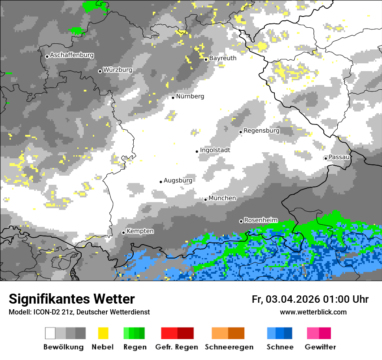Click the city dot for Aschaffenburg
click(47, 56)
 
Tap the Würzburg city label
click(118, 70)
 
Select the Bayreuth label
click(223, 58)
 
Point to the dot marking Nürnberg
click(173, 98)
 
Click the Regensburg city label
click(261, 130)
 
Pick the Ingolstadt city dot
click(197, 151)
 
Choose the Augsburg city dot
click(161, 182)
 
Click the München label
click(222, 198)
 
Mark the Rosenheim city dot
click(241, 221)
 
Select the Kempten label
click(140, 231)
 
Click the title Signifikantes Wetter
click(72, 299)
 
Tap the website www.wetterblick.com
click(313, 312)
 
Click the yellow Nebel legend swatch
click(103, 333)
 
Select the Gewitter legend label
click(320, 347)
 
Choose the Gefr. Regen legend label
click(176, 347)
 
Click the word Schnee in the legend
click(280, 347)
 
